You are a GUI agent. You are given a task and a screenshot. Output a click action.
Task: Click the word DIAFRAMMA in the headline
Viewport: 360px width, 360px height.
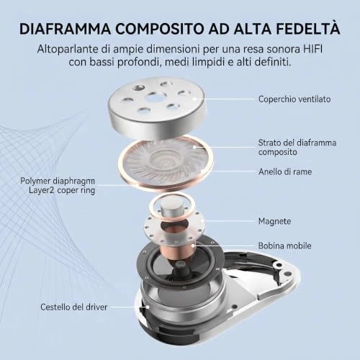tap(65, 29)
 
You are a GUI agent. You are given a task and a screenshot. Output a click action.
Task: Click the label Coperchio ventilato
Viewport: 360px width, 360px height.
tap(294, 99)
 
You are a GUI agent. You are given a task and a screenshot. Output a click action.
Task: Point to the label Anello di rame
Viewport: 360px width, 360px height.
tap(285, 171)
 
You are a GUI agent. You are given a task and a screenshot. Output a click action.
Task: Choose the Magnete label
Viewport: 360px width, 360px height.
tap(274, 221)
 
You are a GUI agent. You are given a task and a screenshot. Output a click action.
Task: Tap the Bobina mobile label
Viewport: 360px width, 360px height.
tap(285, 246)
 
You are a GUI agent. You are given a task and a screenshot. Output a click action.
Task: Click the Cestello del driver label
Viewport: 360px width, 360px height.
tap(74, 307)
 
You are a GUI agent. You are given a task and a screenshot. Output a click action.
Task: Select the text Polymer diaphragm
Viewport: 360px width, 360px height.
tap(58, 181)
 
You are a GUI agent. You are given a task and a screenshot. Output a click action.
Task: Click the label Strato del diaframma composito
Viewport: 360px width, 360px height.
tap(297, 147)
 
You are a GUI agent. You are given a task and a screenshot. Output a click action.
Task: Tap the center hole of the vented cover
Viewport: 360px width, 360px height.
tap(153, 96)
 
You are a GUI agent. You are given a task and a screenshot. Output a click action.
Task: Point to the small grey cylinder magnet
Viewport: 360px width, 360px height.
tap(171, 209)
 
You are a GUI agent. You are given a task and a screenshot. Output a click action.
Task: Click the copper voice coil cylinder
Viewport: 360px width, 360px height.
tap(179, 251)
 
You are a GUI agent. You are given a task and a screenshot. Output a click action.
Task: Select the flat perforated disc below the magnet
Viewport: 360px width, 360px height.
tap(174, 225)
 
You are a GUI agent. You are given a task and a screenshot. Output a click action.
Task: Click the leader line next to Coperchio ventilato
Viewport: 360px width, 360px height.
tap(224, 99)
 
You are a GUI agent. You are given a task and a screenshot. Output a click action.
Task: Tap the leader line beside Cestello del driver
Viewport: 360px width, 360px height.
tap(129, 307)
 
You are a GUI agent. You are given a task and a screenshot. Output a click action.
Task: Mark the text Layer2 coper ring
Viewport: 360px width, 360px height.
tap(62, 191)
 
